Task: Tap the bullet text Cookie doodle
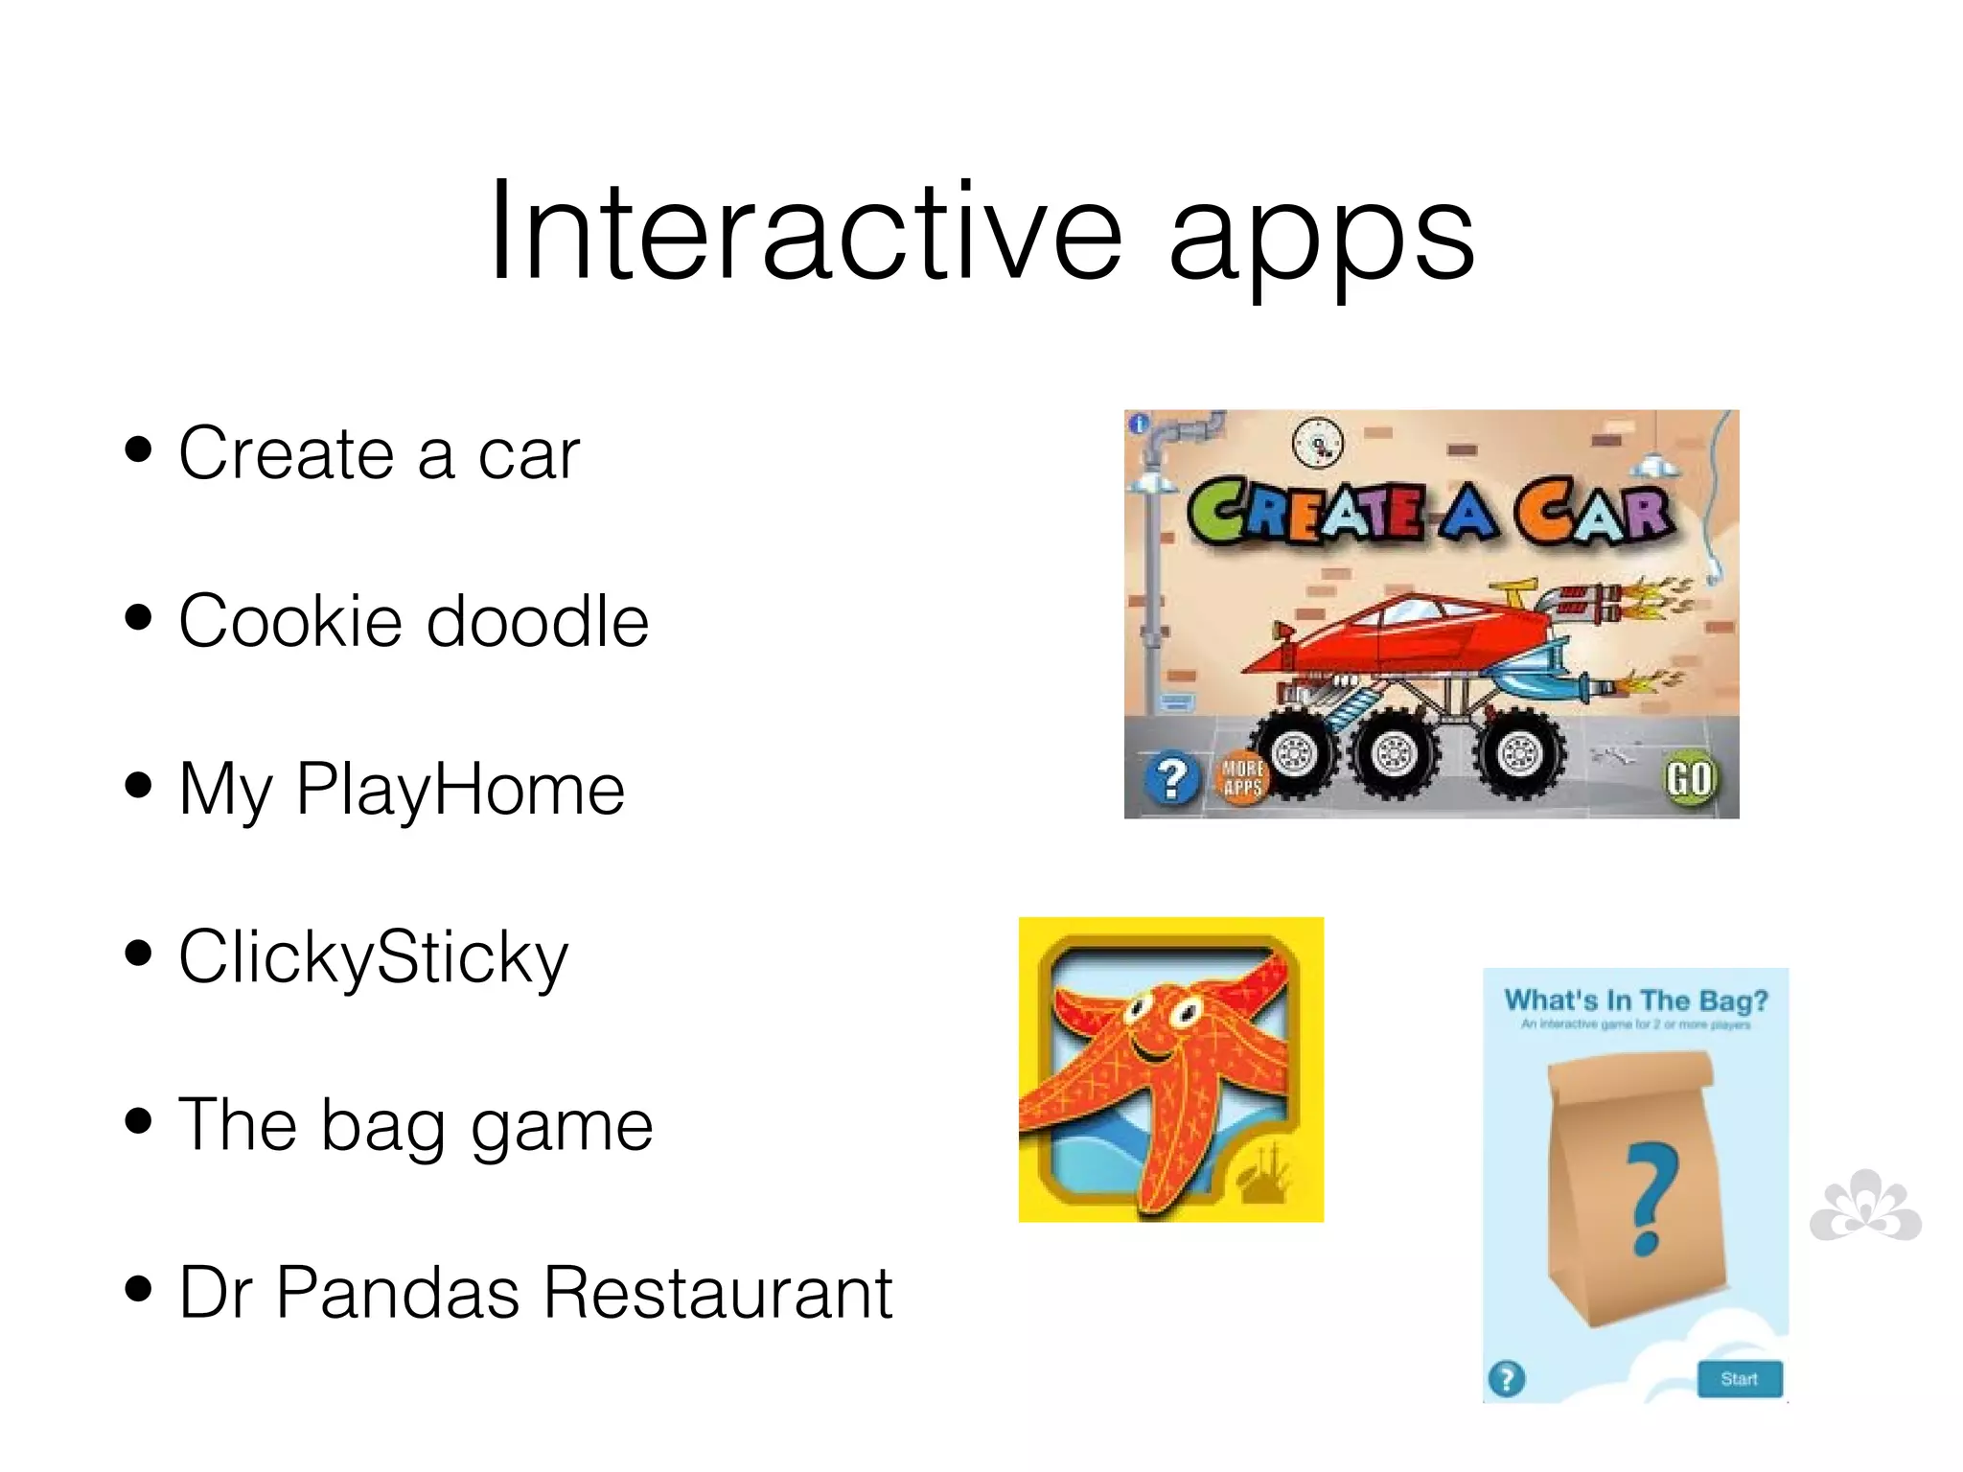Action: (413, 621)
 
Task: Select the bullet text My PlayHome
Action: (402, 790)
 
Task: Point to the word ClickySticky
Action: (374, 957)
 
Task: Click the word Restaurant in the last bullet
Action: (718, 1293)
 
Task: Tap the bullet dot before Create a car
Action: (139, 449)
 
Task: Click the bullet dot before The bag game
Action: (139, 1120)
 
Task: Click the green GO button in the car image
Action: (1689, 779)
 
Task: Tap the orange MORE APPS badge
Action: (1242, 778)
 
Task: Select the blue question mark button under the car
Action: (1171, 779)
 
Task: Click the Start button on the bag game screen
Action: (1739, 1379)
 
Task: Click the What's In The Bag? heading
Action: (1635, 1000)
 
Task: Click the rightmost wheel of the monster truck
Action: (1520, 754)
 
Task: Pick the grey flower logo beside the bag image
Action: (1865, 1207)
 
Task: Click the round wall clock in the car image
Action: (1318, 443)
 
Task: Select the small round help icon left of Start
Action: (1507, 1379)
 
